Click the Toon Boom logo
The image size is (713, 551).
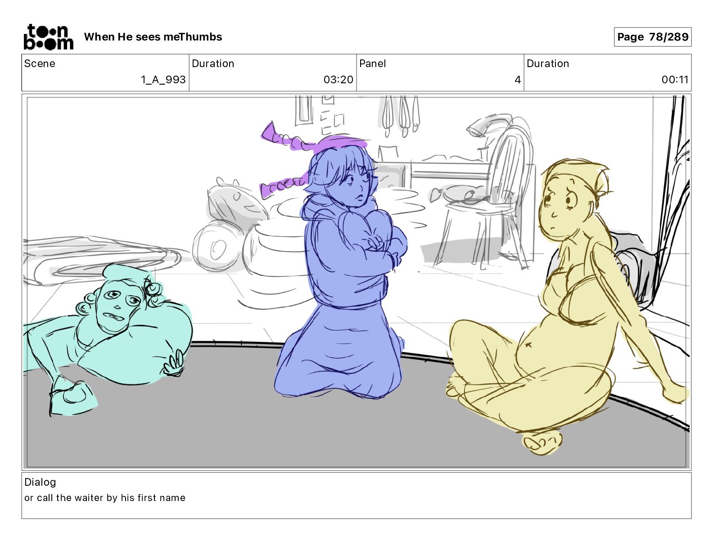[49, 37]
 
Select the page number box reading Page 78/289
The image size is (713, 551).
[652, 37]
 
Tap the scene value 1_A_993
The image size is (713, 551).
[163, 79]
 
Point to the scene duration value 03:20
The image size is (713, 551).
[338, 79]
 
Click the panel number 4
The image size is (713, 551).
[518, 80]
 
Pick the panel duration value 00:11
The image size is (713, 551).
[675, 79]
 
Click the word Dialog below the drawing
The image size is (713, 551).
[40, 482]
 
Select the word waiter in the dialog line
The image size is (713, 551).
[89, 497]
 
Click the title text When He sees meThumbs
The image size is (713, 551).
[153, 37]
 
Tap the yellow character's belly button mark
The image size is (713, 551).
[528, 345]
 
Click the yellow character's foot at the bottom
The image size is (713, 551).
[542, 443]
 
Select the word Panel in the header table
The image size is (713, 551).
[372, 63]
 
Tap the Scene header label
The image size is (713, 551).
[40, 63]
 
